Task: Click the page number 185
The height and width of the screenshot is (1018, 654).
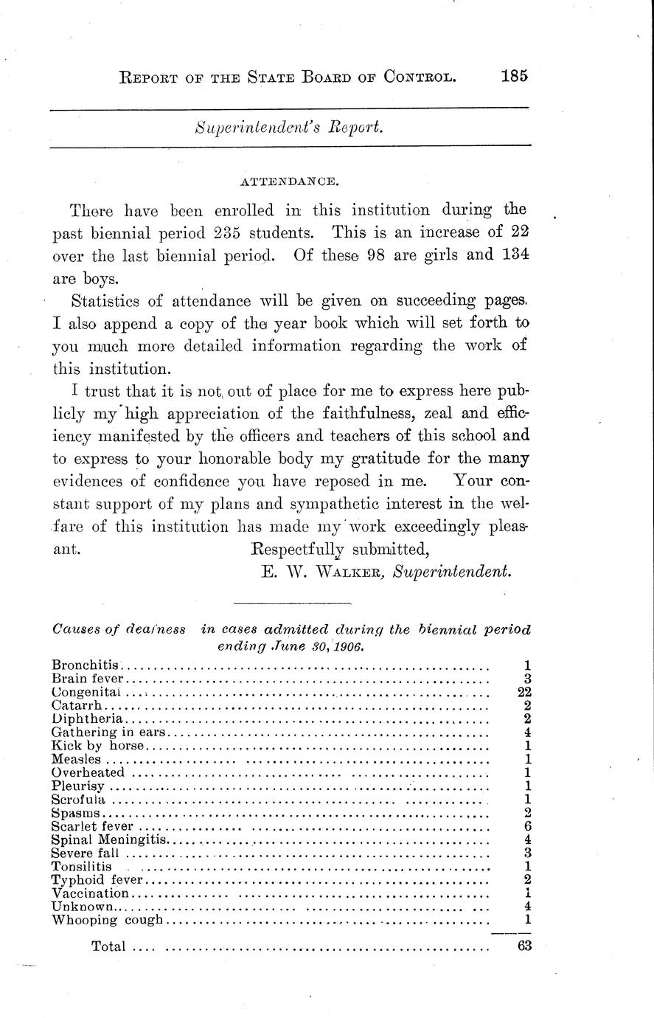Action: (515, 75)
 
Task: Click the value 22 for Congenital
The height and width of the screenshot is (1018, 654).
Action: (524, 692)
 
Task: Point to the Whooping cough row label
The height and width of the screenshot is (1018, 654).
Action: (108, 920)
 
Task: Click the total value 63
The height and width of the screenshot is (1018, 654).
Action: (524, 946)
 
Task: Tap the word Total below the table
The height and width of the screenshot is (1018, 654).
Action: (108, 946)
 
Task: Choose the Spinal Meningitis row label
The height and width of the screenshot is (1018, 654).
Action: (110, 839)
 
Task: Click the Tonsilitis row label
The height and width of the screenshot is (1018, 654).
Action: (81, 866)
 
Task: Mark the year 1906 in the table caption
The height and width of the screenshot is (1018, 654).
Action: (349, 646)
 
